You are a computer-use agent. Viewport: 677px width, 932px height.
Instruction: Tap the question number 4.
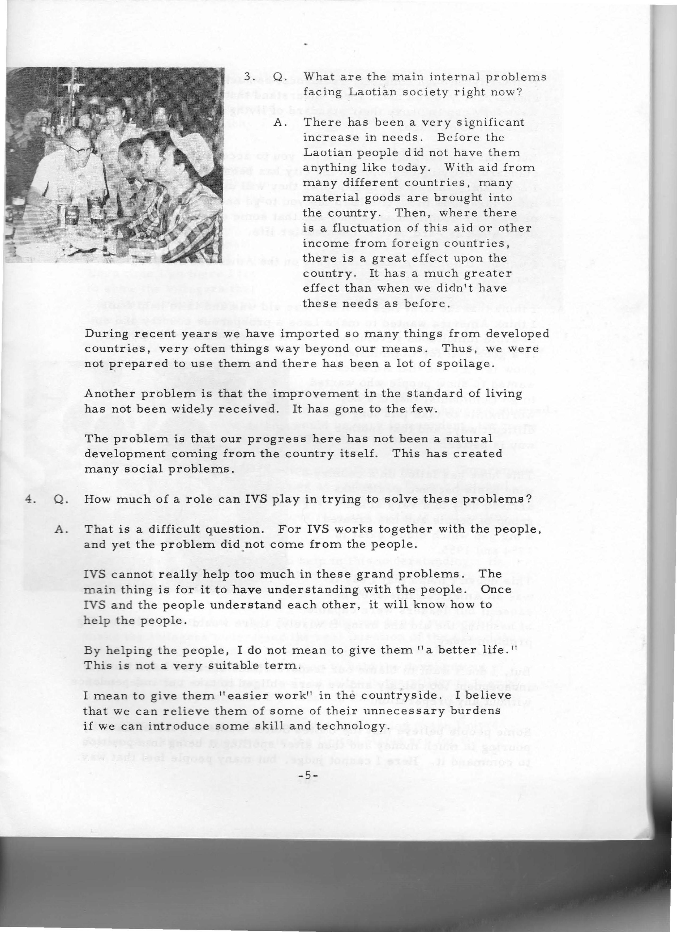tap(28, 499)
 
